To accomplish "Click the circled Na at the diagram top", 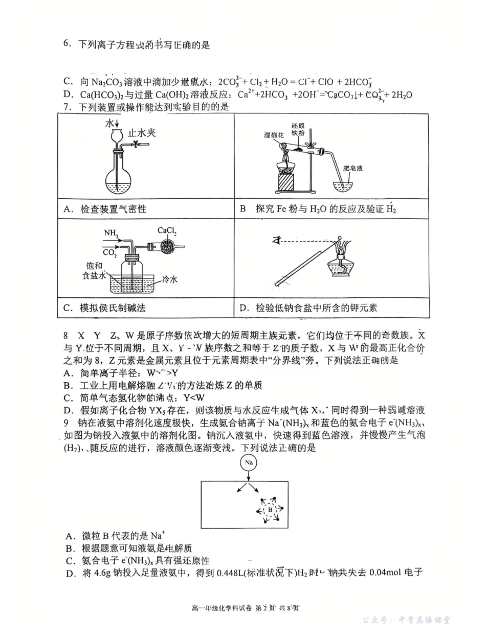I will (x=248, y=462).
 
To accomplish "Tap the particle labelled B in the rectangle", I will (x=270, y=509).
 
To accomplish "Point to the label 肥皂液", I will (x=352, y=168).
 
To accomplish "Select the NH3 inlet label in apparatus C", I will (x=110, y=233).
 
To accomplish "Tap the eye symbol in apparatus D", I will (x=278, y=239).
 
